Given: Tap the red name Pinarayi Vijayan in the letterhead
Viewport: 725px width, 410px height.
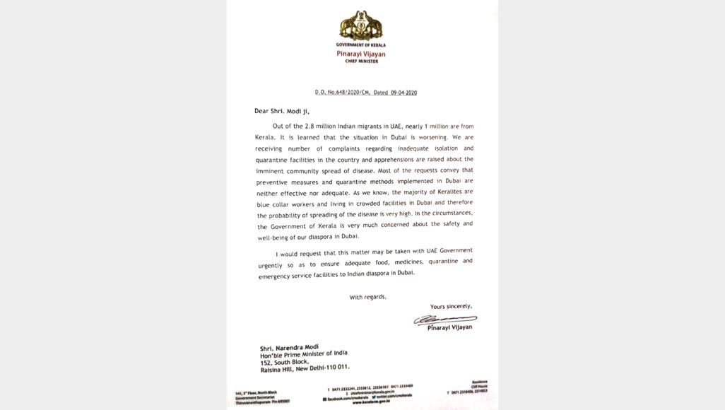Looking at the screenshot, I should tap(360, 54).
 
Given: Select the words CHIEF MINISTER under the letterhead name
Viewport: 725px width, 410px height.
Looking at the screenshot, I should tap(360, 61).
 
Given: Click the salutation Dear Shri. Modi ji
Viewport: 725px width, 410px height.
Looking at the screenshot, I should tap(282, 111).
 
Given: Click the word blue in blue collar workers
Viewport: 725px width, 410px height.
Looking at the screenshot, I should tap(264, 204).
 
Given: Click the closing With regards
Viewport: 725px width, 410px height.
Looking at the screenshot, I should tap(367, 297).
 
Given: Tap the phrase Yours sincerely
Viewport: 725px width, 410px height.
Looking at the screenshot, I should tap(451, 307).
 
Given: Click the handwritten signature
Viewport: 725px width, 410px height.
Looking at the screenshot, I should tap(444, 320).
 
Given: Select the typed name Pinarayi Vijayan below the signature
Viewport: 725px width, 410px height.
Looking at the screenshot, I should tap(449, 328).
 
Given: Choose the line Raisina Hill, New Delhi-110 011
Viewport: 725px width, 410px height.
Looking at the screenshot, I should tap(305, 368).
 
